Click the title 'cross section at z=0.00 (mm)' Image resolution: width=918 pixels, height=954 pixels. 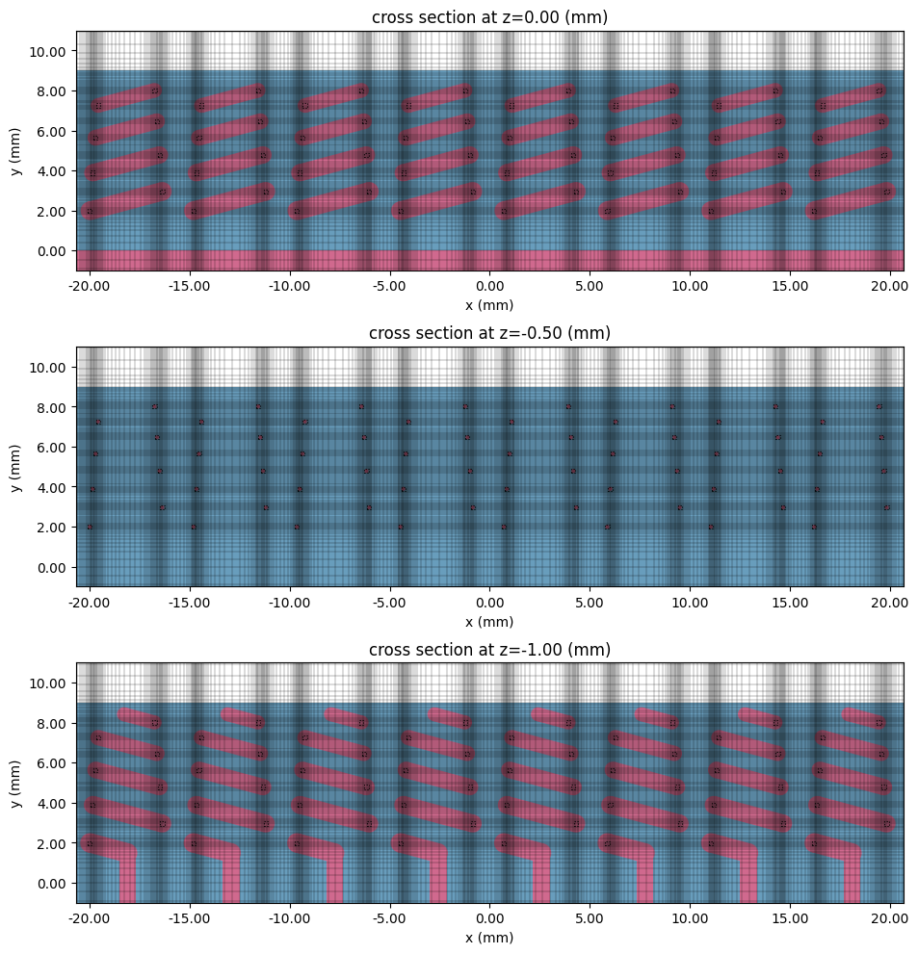489,16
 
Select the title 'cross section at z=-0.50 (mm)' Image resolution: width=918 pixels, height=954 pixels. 489,333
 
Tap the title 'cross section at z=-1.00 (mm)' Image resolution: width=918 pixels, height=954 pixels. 489,650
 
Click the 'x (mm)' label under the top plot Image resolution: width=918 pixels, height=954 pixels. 489,305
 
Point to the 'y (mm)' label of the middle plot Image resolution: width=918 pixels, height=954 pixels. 16,467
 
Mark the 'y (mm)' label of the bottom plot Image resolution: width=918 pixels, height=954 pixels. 16,783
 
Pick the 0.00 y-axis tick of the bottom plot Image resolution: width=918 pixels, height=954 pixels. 53,884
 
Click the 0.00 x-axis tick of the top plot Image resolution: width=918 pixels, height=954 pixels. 489,286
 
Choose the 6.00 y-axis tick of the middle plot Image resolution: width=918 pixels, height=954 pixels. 53,448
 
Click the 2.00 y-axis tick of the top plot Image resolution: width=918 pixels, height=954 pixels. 53,211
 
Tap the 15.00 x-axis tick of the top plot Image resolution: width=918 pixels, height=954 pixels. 790,286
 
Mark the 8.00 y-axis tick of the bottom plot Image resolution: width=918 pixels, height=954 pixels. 53,723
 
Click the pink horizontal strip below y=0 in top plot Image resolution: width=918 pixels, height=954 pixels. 489,260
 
